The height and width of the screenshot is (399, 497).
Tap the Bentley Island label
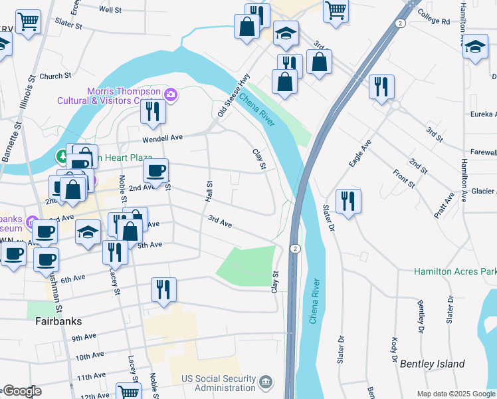tap(432, 364)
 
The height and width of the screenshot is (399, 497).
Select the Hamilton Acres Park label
tap(455, 271)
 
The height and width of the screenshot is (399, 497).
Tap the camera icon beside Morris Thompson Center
tap(171, 95)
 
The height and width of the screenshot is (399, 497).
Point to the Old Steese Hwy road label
tap(233, 96)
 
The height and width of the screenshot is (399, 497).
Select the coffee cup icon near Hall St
tap(156, 170)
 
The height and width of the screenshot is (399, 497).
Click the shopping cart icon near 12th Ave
tap(128, 392)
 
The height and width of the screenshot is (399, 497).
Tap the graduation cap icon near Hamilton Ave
tap(475, 47)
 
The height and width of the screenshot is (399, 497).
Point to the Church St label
tap(55, 76)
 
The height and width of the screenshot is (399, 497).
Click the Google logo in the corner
tap(21, 391)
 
